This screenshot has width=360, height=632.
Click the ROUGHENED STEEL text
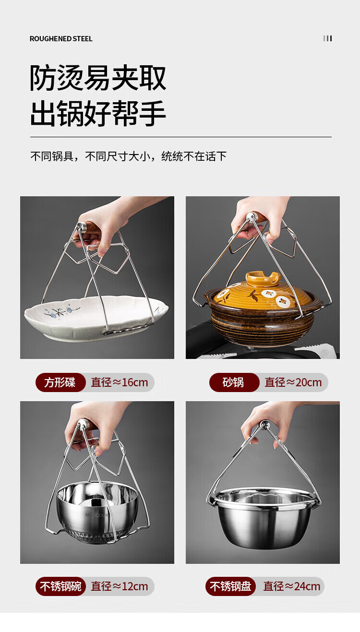61,39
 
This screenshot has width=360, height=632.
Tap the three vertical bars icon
327,38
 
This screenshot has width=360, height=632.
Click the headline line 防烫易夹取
98,78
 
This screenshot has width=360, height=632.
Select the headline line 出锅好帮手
98,113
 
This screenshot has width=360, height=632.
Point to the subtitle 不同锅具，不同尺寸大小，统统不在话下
128,156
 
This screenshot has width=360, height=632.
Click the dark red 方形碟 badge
60,382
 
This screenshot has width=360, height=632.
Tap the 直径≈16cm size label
120,382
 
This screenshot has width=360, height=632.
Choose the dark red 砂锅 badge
234,382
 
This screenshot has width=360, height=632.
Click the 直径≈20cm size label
293,382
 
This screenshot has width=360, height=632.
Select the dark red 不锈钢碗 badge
60,586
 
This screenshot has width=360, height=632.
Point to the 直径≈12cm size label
120,586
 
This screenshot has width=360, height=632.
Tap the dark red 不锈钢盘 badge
230,586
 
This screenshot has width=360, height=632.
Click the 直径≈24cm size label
292,586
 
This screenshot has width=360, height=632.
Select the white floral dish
96,317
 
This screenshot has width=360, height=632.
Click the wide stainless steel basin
263,516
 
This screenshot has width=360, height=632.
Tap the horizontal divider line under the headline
181,137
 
